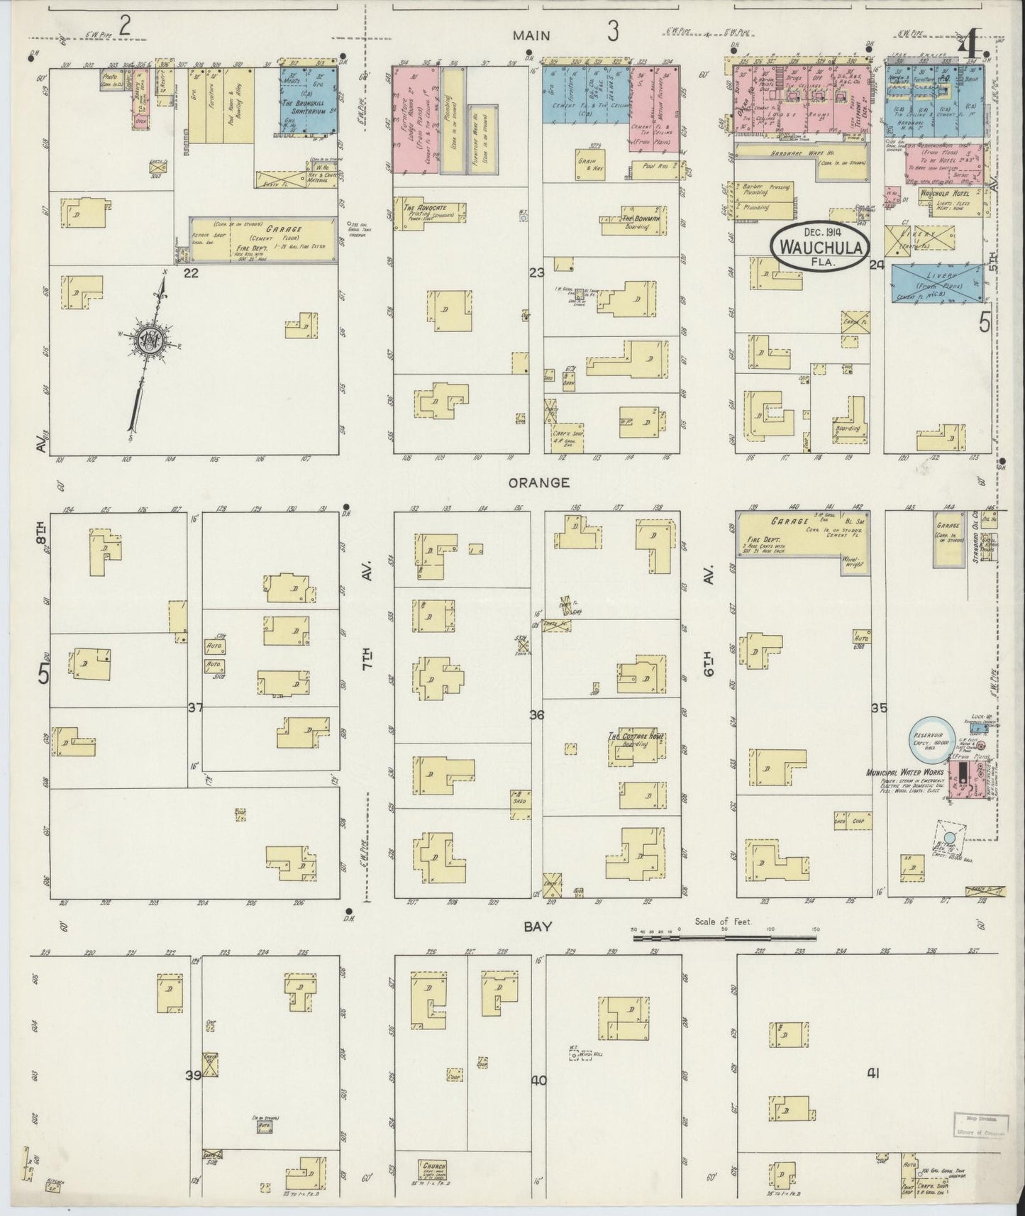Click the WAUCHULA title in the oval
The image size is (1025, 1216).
pos(822,248)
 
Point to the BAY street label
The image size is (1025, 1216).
pos(538,927)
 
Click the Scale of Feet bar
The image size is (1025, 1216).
pos(724,938)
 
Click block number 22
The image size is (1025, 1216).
pos(189,272)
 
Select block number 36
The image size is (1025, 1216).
pos(536,715)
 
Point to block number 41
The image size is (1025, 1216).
pos(872,1073)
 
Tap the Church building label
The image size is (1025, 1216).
pos(433,1164)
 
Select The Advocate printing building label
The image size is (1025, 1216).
pos(419,208)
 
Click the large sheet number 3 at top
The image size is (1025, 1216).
pos(612,31)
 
